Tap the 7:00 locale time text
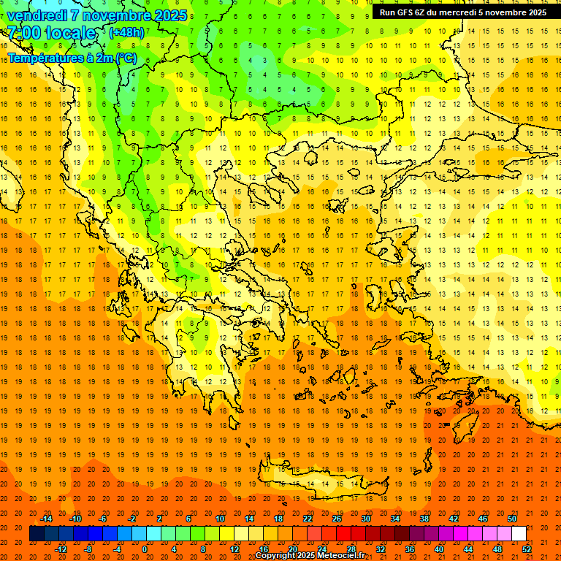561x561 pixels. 51,33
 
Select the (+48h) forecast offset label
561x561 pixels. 126,33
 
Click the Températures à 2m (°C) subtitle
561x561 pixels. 72,58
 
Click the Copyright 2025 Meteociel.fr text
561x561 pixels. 310,556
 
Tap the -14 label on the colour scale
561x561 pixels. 46,519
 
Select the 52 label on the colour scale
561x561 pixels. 527,549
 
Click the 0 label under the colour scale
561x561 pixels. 145,549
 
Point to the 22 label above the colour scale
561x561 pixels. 308,519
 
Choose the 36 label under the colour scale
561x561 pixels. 410,549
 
